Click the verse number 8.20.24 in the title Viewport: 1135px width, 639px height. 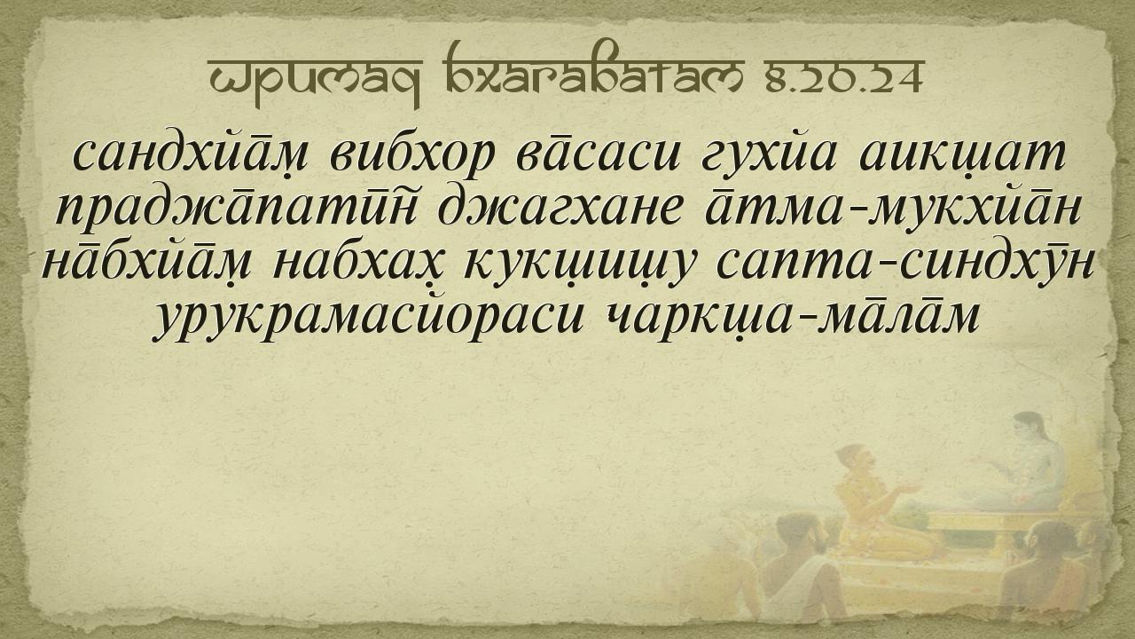point(844,78)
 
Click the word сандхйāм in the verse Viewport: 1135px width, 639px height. point(191,154)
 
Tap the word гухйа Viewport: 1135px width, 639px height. point(768,155)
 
